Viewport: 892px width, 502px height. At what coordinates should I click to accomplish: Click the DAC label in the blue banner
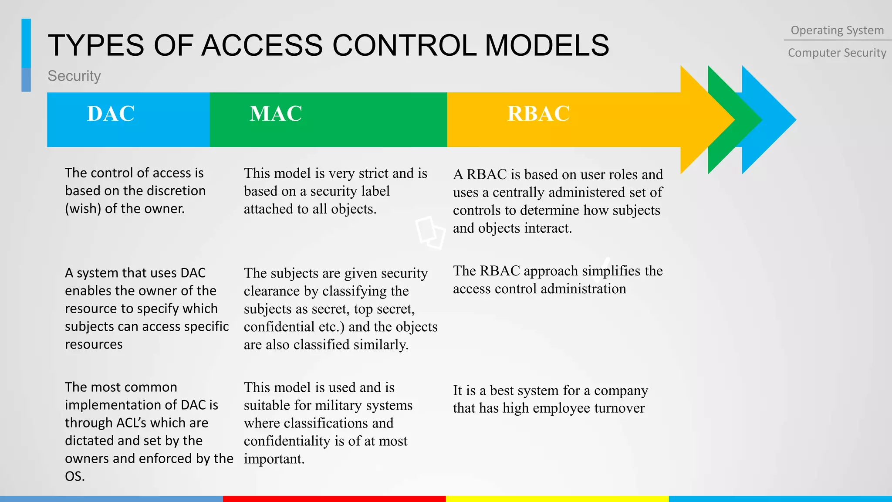point(111,114)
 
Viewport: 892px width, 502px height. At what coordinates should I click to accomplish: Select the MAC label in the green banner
point(276,114)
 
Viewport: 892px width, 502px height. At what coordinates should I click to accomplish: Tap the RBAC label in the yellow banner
point(538,114)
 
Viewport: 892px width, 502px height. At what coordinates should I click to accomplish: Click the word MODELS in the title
point(547,45)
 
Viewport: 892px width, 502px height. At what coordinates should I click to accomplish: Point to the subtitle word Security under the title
point(74,76)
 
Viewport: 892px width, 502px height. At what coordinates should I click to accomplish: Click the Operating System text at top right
point(837,31)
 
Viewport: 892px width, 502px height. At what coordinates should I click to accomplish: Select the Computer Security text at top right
point(837,53)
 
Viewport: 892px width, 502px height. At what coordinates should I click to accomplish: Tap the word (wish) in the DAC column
point(83,209)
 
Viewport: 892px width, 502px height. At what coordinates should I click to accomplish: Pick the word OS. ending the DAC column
point(74,476)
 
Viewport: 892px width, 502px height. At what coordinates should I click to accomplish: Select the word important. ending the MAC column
point(274,459)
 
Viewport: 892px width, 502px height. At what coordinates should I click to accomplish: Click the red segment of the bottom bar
point(334,499)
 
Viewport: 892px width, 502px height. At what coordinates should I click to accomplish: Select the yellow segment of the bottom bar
point(557,499)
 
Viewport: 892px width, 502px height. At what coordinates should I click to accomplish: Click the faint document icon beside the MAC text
point(430,232)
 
